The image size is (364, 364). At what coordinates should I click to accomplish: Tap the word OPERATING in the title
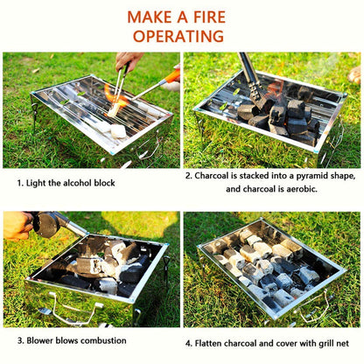[181, 37]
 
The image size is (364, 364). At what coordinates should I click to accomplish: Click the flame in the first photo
[111, 94]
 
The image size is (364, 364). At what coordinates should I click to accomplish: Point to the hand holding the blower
[17, 226]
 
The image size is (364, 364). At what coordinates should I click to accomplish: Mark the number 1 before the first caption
[20, 184]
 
